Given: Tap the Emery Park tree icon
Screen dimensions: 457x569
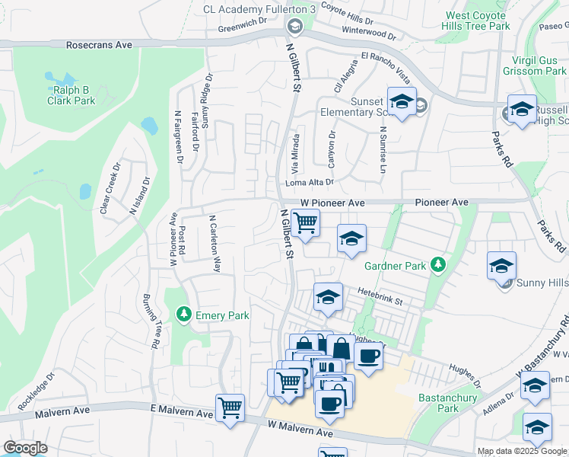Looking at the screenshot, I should pos(183,314).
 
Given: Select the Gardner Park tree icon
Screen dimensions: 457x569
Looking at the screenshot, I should pos(437,265).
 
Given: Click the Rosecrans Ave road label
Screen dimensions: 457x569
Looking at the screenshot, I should pos(99,46).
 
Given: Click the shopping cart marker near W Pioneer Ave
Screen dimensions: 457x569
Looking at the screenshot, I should pos(305,224).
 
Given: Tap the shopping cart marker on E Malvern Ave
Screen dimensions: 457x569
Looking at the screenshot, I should pos(230,407).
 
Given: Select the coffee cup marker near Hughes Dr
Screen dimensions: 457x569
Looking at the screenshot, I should pos(368,356).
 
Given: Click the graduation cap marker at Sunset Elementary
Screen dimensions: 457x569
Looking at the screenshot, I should pos(401,102).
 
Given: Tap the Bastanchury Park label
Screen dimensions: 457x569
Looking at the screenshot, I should pos(449,403).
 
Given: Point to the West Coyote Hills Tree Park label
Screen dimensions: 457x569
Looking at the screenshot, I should pos(478,21).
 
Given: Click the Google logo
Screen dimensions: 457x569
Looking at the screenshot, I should pos(25,448).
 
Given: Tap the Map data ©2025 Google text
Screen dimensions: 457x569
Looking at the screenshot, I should pos(522,451).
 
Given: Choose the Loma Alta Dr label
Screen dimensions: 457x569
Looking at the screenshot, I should pos(309,182).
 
